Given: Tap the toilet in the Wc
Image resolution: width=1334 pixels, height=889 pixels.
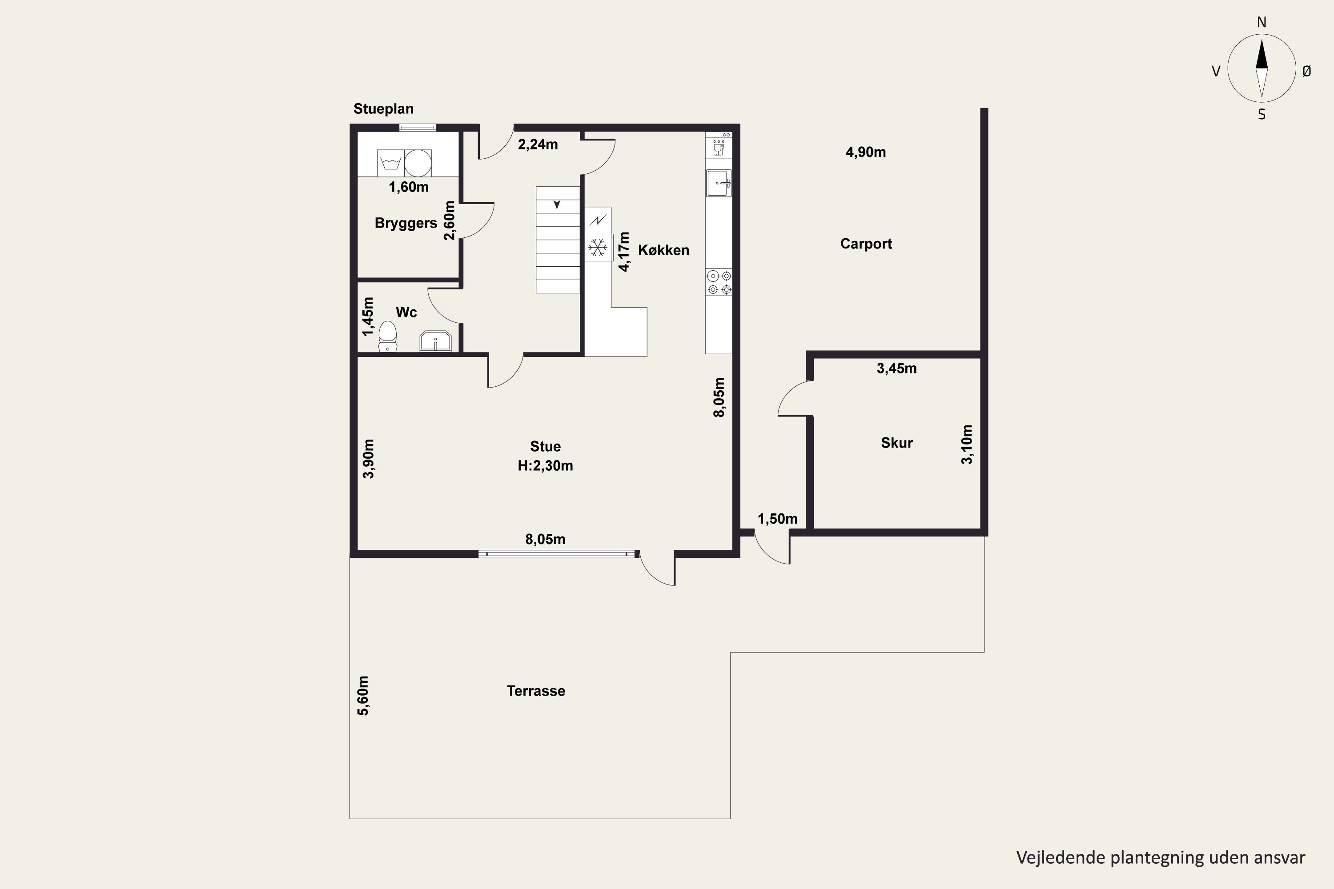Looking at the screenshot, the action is pos(388,337).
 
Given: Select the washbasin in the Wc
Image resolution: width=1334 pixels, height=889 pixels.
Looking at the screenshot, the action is pos(436,341).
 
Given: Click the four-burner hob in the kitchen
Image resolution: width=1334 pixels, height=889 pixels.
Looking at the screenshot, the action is pos(719,282).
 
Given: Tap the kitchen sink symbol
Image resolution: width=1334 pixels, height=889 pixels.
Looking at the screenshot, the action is pos(719,183).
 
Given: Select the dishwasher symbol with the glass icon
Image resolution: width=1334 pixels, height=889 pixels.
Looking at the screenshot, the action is pos(719,148).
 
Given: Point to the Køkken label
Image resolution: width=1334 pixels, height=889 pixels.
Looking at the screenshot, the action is pos(663,250).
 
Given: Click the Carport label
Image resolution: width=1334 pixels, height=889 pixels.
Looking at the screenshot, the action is pos(866,244).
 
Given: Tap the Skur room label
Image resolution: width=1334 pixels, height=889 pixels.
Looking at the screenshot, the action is pos(897,443).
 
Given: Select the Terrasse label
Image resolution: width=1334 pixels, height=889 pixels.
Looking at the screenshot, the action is pos(536,691).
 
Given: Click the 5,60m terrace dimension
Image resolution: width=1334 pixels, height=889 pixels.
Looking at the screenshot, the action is pos(363,696).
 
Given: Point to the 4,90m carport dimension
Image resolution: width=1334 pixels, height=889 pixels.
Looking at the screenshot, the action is pos(865,152).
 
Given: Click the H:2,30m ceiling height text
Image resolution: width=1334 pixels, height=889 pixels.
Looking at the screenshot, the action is pos(545,466).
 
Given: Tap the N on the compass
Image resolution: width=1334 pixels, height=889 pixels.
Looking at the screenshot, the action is pos(1262,22).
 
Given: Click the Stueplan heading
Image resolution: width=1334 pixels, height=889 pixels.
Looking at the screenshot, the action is pos(383,109).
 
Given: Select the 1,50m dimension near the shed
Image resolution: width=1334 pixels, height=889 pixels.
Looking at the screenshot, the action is pos(778,519).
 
